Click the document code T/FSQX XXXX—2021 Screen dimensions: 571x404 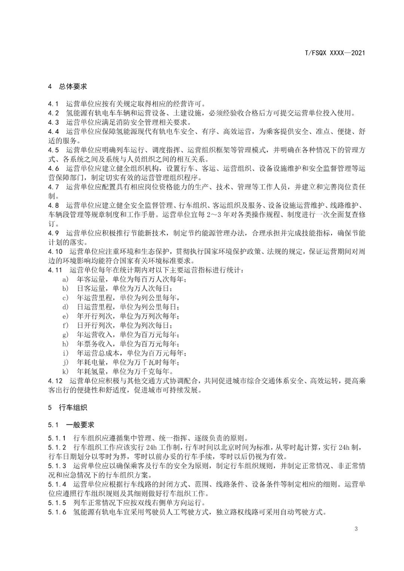tap(335, 53)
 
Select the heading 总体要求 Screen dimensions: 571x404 tap(73, 86)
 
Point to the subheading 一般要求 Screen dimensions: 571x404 tap(80, 425)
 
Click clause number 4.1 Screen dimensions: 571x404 tap(53, 104)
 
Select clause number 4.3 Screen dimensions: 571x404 tap(53, 122)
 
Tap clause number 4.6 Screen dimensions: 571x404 tap(53, 168)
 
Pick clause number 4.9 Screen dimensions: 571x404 tap(53, 233)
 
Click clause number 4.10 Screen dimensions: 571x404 tap(55, 251)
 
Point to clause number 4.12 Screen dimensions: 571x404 tap(55, 381)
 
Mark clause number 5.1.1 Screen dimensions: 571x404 tap(57, 438)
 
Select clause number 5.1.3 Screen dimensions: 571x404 tap(57, 466)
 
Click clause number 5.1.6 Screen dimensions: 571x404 tap(57, 512)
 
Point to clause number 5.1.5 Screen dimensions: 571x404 tap(57, 503)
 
